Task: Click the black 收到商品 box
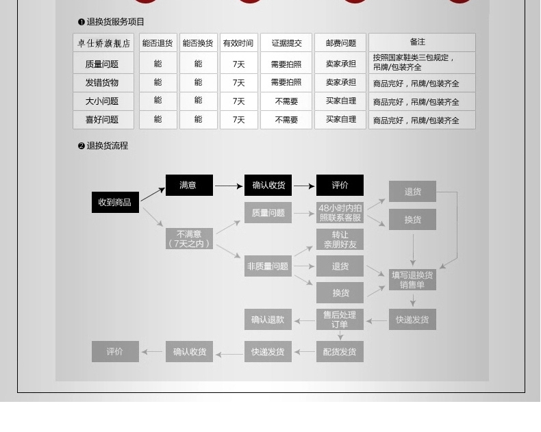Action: click(115, 203)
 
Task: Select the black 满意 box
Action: click(188, 186)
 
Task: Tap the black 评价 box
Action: click(340, 186)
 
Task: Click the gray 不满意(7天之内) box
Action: click(190, 238)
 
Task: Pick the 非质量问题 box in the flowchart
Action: click(268, 266)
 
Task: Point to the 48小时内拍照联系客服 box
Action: click(340, 213)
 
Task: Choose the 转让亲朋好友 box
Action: click(340, 240)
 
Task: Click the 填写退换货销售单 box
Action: click(412, 279)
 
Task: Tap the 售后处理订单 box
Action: click(340, 320)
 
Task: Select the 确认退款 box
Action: click(268, 320)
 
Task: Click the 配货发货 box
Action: click(340, 352)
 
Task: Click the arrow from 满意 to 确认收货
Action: click(229, 186)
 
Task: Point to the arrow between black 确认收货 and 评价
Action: click(305, 186)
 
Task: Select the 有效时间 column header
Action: click(238, 43)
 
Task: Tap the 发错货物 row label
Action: click(102, 83)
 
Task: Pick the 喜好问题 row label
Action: click(102, 120)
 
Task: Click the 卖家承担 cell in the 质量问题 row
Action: click(340, 64)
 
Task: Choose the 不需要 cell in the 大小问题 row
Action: click(286, 101)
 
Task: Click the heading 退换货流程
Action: click(107, 146)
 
